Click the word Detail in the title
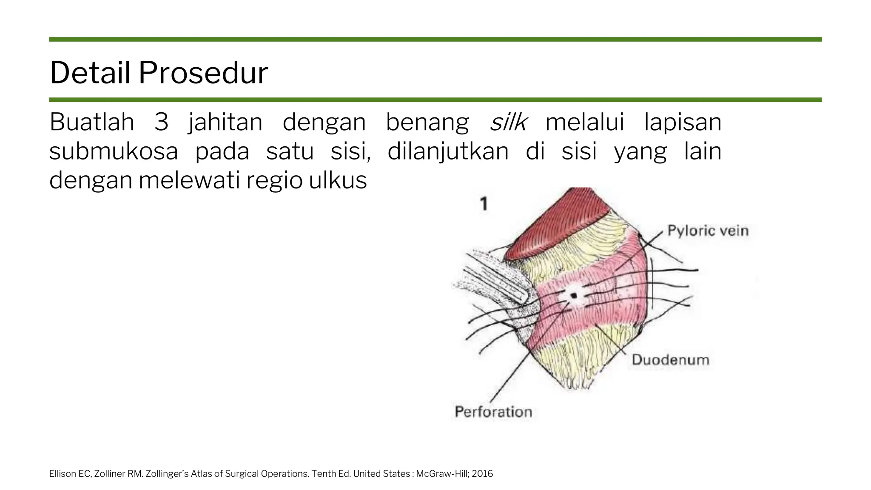coord(90,73)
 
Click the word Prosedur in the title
coord(203,73)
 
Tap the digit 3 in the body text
coord(161,122)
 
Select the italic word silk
coord(508,122)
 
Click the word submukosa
coord(113,151)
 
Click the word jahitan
coord(225,122)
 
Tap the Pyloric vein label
coord(708,231)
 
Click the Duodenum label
coord(670,360)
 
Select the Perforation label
coord(493,412)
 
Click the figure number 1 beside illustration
coord(484,204)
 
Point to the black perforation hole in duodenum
coord(574,295)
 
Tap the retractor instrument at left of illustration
coord(493,281)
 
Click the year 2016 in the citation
coord(482,474)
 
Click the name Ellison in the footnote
coord(63,474)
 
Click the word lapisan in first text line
coord(683,122)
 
